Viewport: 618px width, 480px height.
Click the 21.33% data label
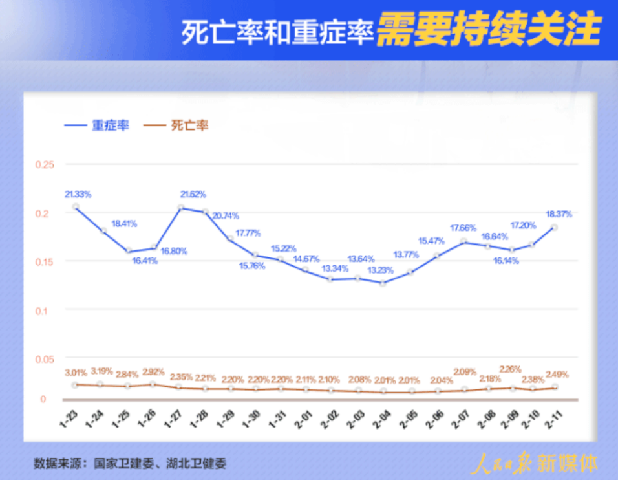click(78, 194)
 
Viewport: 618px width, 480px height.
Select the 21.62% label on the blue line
click(194, 194)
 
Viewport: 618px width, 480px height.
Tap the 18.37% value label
click(559, 214)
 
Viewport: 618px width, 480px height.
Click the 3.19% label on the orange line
click(101, 371)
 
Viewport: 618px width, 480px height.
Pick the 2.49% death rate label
click(557, 374)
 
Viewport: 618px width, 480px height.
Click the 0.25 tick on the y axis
click(44, 165)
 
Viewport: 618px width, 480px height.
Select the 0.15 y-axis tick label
click(44, 261)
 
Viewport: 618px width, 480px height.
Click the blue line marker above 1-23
click(76, 206)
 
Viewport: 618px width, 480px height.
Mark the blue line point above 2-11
click(554, 227)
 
